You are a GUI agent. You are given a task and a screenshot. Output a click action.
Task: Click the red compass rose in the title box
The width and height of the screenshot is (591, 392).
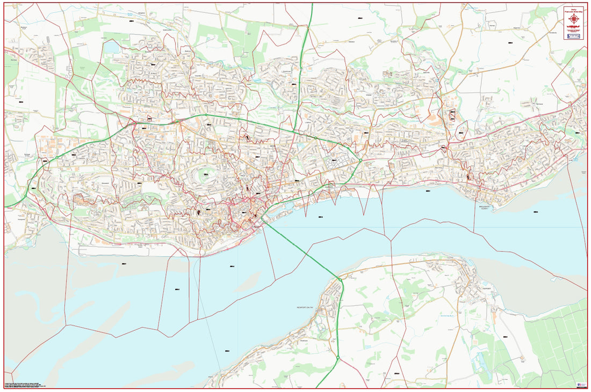click(574, 20)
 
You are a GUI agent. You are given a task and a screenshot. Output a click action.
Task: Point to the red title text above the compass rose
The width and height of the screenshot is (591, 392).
click(574, 10)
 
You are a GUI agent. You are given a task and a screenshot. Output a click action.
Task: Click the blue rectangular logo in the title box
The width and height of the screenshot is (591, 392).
click(574, 36)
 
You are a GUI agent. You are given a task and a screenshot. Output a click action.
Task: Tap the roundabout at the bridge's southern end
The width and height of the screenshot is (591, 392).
click(340, 279)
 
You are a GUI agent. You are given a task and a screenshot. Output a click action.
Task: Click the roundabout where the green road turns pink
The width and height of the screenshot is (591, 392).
click(338, 358)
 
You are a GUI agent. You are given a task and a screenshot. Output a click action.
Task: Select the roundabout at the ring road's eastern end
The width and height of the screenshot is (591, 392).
click(360, 160)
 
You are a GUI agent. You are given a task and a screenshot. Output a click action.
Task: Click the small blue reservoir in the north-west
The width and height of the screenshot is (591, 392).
click(112, 48)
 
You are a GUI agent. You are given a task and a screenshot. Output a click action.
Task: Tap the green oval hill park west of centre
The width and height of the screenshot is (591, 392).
click(206, 174)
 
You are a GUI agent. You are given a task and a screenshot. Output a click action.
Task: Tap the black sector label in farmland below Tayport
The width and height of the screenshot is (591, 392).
click(505, 337)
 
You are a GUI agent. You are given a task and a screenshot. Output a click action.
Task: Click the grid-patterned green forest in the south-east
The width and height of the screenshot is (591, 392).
click(559, 343)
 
